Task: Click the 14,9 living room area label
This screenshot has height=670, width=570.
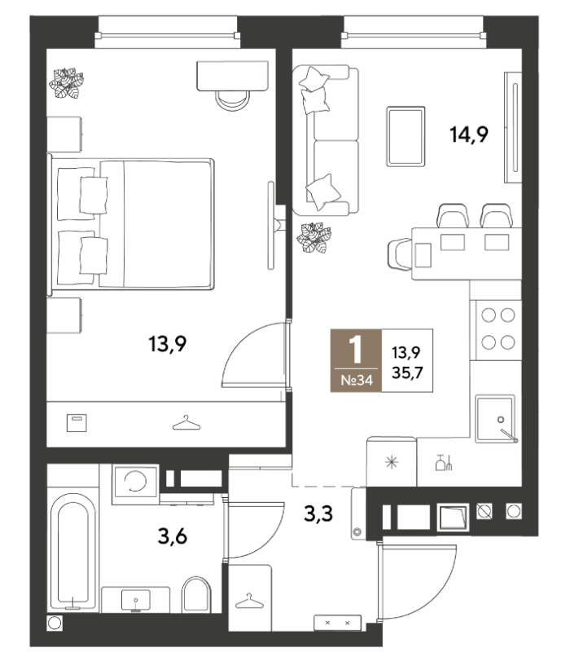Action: pyautogui.click(x=469, y=134)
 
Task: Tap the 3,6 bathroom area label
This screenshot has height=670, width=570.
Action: pyautogui.click(x=173, y=536)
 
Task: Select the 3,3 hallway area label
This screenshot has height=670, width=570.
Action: pyautogui.click(x=318, y=514)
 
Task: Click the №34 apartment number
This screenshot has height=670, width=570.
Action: pyautogui.click(x=357, y=380)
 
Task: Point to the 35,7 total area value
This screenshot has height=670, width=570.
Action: pyautogui.click(x=407, y=372)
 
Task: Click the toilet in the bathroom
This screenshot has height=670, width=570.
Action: pyautogui.click(x=196, y=595)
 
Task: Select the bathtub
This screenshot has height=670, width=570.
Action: pyautogui.click(x=73, y=551)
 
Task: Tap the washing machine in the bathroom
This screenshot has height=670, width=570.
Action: pyautogui.click(x=135, y=484)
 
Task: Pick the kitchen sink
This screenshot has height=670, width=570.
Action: pyautogui.click(x=495, y=419)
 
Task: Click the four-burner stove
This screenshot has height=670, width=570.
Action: pyautogui.click(x=498, y=329)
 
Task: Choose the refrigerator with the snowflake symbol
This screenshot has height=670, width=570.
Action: pyautogui.click(x=392, y=462)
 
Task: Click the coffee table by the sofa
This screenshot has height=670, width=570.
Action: pyautogui.click(x=406, y=136)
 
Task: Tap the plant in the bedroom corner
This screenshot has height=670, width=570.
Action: pyautogui.click(x=66, y=83)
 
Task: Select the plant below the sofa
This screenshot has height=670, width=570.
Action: pyautogui.click(x=314, y=237)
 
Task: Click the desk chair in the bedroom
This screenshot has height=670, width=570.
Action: pyautogui.click(x=233, y=101)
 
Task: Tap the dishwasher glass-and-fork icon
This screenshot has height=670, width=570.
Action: pyautogui.click(x=444, y=462)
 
